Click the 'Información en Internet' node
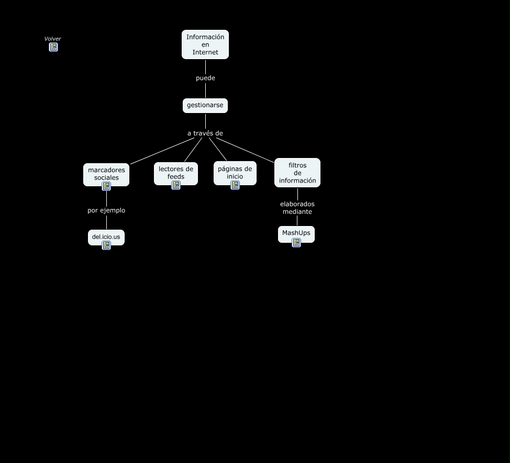tap(205, 44)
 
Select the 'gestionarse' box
tap(205, 105)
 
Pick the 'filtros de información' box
tap(297, 172)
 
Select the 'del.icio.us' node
tap(106, 236)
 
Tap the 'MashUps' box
tap(296, 233)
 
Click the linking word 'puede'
tap(205, 78)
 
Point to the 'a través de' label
tap(205, 133)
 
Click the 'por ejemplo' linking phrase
tap(106, 210)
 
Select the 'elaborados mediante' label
tap(297, 208)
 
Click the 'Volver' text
tap(52, 39)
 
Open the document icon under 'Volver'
tap(53, 47)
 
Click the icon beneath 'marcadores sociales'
tap(106, 186)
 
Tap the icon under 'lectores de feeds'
tap(176, 185)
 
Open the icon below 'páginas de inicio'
tap(235, 185)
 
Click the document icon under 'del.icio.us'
tap(106, 245)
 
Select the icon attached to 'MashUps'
tap(296, 242)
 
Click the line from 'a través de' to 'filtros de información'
tap(249, 150)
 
